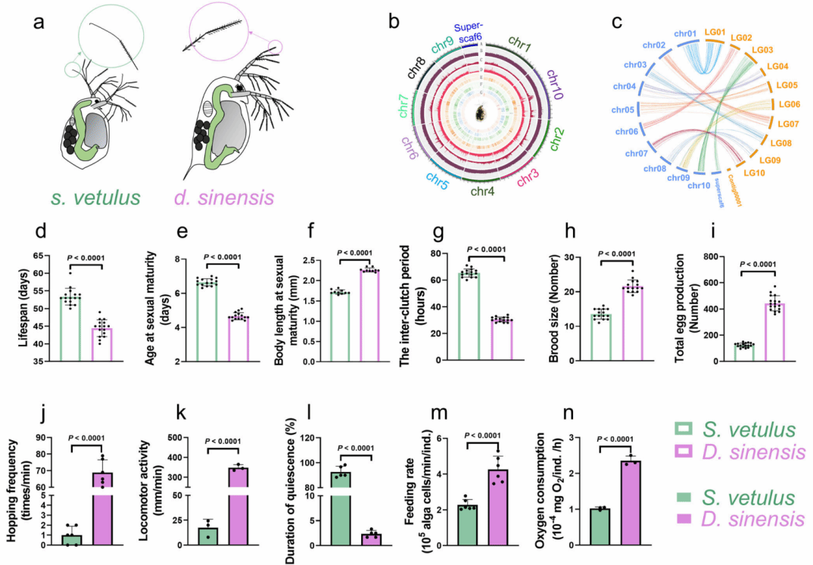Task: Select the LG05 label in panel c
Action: [x=787, y=85]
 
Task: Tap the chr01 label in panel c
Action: [x=685, y=35]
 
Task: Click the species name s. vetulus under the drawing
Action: [x=95, y=199]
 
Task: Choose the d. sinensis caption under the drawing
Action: [x=223, y=199]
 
